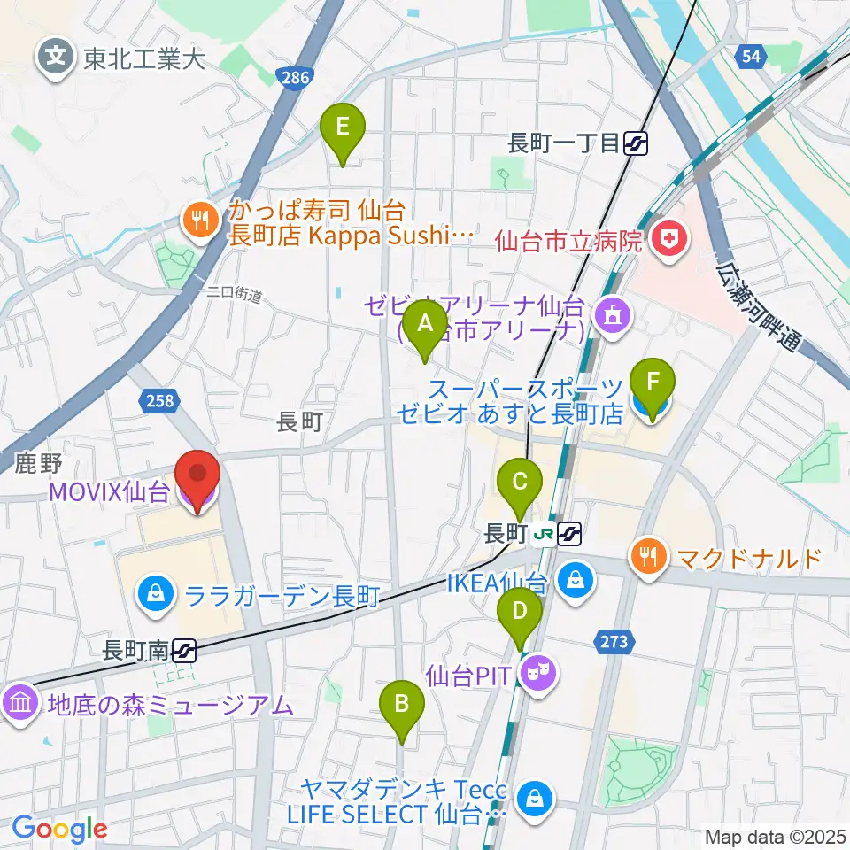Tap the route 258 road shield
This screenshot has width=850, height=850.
159,401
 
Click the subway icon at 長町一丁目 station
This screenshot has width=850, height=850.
635,143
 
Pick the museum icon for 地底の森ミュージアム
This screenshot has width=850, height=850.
20,705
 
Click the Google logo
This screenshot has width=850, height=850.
59,829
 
